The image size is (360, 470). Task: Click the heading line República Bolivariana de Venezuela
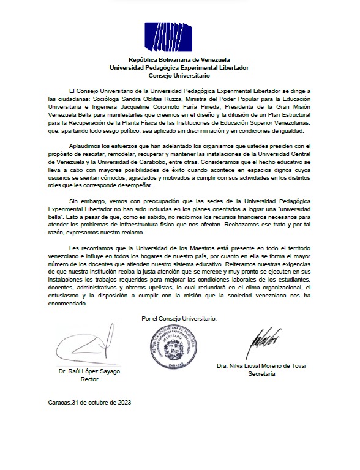[x=179, y=59]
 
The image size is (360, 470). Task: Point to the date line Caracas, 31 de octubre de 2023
[x=89, y=403]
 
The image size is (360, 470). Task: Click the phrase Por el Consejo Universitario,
[x=179, y=318]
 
